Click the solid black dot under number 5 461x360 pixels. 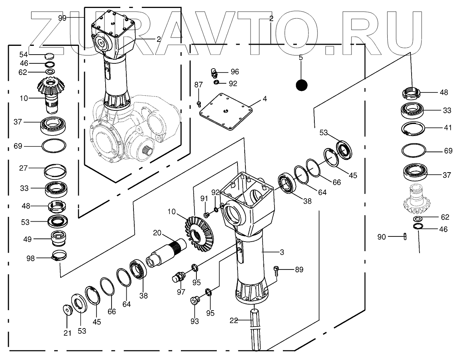[302, 85]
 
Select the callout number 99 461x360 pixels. [62, 18]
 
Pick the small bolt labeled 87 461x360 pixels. [199, 104]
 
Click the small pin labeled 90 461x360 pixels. [405, 237]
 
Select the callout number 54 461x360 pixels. [24, 54]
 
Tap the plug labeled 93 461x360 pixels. [195, 299]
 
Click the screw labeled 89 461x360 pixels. [277, 271]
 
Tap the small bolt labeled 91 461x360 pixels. [206, 215]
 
